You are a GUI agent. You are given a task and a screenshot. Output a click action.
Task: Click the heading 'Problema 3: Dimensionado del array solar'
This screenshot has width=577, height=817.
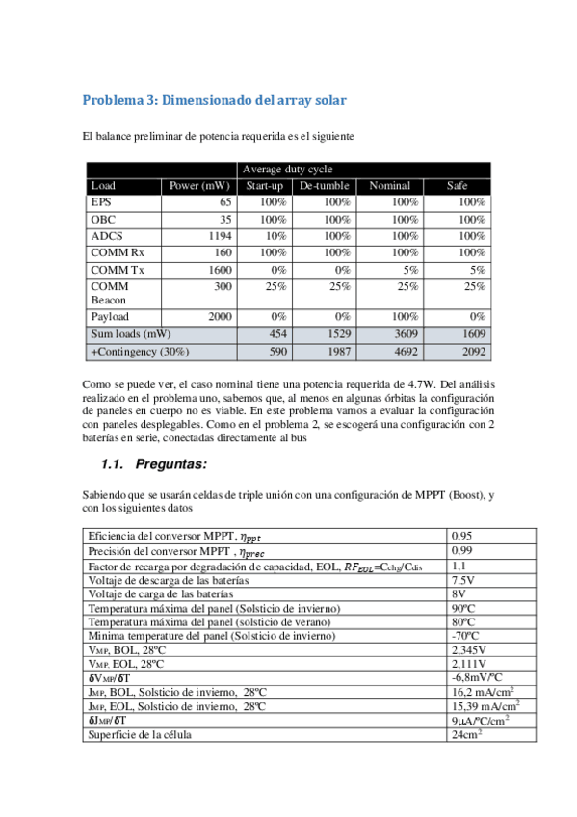[214, 100]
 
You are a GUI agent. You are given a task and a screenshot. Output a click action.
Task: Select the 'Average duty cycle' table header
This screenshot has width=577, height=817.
[287, 169]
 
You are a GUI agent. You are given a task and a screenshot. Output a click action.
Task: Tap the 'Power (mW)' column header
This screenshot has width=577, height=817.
[199, 185]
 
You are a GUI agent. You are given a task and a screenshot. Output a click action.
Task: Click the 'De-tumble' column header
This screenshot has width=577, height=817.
[323, 185]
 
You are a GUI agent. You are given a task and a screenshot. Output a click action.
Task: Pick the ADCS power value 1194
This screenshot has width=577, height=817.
[221, 235]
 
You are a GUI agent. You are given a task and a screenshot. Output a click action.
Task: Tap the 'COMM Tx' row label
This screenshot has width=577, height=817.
[115, 269]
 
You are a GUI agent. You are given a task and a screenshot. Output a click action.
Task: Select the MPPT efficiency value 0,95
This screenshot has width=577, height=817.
[462, 535]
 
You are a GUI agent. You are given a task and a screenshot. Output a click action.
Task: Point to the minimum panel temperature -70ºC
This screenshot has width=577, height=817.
[464, 636]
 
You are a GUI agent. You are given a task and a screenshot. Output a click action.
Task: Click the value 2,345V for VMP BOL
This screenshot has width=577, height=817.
[467, 650]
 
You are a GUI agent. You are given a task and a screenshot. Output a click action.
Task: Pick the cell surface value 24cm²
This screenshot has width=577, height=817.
[466, 735]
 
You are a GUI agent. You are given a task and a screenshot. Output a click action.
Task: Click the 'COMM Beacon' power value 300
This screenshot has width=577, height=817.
[223, 286]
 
